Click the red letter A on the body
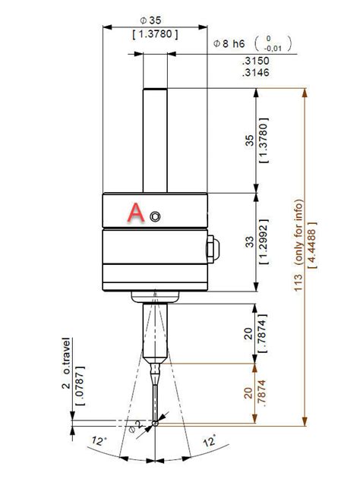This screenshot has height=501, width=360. [x=135, y=213]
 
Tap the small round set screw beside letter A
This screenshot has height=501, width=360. [x=155, y=216]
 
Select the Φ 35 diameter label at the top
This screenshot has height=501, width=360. [x=156, y=21]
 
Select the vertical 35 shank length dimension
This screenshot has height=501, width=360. [x=251, y=140]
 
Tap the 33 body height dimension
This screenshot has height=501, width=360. [x=251, y=242]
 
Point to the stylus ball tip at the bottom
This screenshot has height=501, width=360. [x=155, y=422]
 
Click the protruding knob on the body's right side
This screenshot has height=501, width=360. [x=211, y=247]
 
